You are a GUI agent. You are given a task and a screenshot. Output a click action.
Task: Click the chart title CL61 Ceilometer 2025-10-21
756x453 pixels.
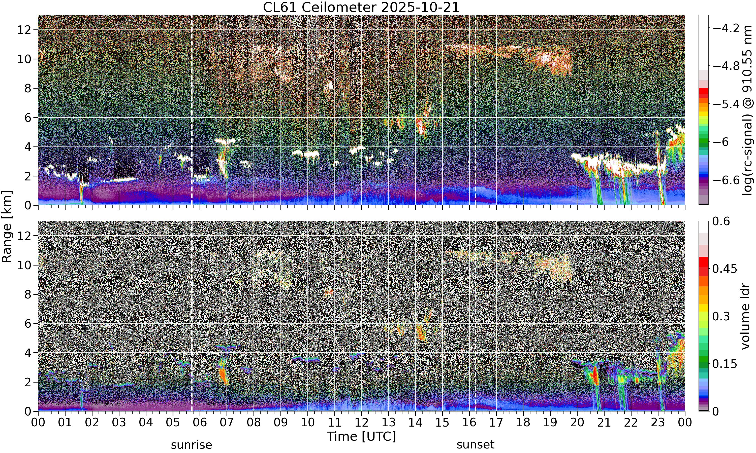[x=361, y=7]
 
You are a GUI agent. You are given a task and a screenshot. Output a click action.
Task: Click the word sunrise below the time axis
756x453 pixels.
[x=191, y=445]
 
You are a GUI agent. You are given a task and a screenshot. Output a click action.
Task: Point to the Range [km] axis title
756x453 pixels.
[x=7, y=226]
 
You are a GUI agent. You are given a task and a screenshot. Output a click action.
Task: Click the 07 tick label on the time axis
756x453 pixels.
[x=227, y=423]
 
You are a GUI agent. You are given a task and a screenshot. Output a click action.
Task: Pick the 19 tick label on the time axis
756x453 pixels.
[x=550, y=423]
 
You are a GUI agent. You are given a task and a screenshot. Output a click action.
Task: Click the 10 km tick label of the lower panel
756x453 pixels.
[x=24, y=265]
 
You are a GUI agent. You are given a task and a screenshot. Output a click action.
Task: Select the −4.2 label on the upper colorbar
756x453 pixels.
[x=726, y=28]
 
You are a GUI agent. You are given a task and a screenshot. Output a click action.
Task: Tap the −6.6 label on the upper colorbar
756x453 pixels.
[x=726, y=180]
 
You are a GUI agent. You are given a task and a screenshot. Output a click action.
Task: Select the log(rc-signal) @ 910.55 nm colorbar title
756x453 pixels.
[x=747, y=110]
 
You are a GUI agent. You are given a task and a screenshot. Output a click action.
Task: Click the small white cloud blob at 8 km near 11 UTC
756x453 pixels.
[x=329, y=86]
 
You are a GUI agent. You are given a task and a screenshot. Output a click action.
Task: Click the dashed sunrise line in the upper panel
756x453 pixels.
[x=192, y=110]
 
